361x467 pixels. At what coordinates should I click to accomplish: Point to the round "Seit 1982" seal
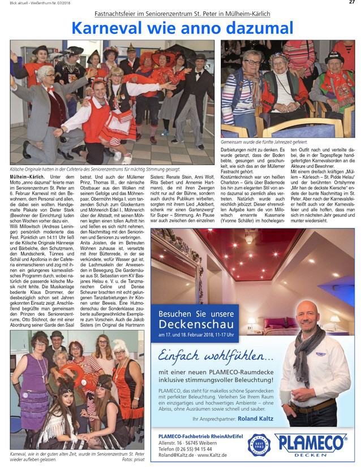click(x=259, y=445)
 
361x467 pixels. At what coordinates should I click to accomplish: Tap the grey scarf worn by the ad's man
click(x=308, y=351)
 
